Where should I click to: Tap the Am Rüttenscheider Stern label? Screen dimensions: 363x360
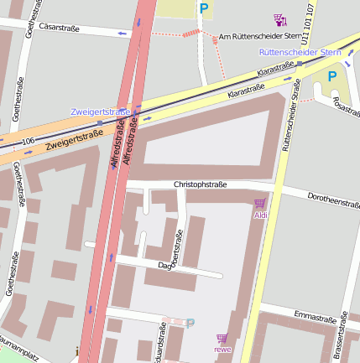pyautogui.click(x=258, y=38)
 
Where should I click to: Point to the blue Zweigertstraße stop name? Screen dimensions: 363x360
pyautogui.click(x=100, y=111)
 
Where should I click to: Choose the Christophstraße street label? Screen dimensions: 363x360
pyautogui.click(x=200, y=184)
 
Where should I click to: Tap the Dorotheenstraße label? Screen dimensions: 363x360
pyautogui.click(x=333, y=202)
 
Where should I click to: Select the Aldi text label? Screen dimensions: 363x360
pyautogui.click(x=260, y=215)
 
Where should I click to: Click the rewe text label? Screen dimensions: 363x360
pyautogui.click(x=222, y=349)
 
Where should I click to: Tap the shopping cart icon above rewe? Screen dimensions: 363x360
pyautogui.click(x=222, y=337)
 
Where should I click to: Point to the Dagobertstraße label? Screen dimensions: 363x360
pyautogui.click(x=176, y=252)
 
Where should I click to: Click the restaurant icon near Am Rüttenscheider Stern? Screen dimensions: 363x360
pyautogui.click(x=279, y=19)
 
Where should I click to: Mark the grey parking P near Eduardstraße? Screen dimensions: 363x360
pyautogui.click(x=190, y=323)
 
